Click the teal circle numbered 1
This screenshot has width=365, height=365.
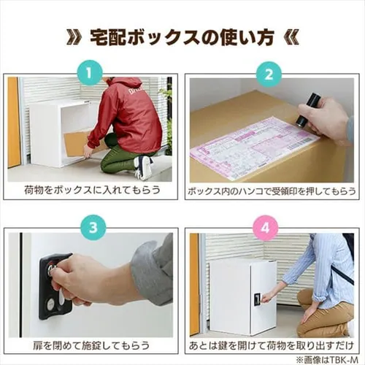[x=89, y=72]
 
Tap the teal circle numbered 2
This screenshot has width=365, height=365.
[x=269, y=74]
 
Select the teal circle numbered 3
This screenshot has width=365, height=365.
[x=93, y=228]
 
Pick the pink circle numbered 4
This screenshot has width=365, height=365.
[x=265, y=228]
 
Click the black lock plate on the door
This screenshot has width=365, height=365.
[x=55, y=286]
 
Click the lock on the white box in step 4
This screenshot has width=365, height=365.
[x=258, y=299]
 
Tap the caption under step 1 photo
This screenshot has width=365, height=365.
[x=92, y=190]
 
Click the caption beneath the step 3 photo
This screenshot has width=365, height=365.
[x=91, y=345]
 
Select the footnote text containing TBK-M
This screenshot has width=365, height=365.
[x=327, y=359]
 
